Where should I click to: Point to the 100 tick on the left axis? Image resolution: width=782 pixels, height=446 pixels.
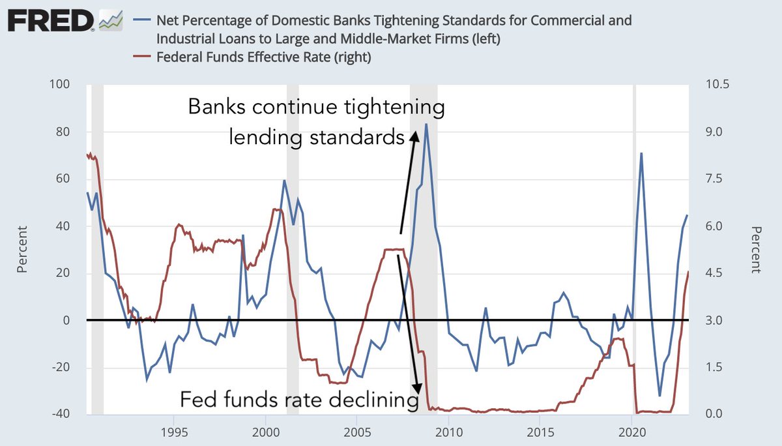coord(61,85)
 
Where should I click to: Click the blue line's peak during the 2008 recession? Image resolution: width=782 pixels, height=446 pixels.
coord(426,124)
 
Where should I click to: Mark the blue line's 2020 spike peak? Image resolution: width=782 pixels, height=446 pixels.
coord(641,153)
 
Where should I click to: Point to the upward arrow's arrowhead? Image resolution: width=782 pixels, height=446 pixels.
coord(413,134)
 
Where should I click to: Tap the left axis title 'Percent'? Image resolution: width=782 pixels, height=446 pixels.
coord(22,249)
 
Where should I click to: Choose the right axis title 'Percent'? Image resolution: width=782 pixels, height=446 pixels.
coord(756,249)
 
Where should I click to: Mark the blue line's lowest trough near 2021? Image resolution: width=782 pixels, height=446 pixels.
coord(659,396)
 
